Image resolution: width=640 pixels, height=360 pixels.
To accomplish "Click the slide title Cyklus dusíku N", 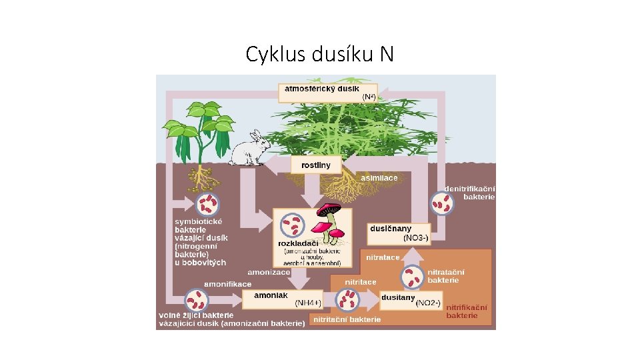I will [x=319, y=53].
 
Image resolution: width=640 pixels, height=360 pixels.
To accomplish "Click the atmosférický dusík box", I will [x=327, y=93].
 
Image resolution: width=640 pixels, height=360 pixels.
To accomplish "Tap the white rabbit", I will [x=249, y=148].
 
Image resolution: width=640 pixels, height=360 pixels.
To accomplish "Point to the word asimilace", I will [x=379, y=178].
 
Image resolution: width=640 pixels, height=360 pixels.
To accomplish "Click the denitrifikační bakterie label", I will [x=470, y=193].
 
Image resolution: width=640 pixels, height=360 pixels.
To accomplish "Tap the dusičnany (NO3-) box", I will [x=399, y=233].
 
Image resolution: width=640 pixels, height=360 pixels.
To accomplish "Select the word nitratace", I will [x=383, y=257].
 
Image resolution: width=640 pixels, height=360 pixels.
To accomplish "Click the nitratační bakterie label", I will [x=445, y=276].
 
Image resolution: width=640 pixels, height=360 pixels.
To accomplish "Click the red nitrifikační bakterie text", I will [x=466, y=311].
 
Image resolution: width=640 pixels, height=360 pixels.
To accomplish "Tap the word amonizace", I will [x=268, y=273].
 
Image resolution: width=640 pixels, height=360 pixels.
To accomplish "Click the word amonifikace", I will [x=227, y=284].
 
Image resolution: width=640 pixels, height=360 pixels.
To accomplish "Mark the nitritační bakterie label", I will [x=347, y=319].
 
